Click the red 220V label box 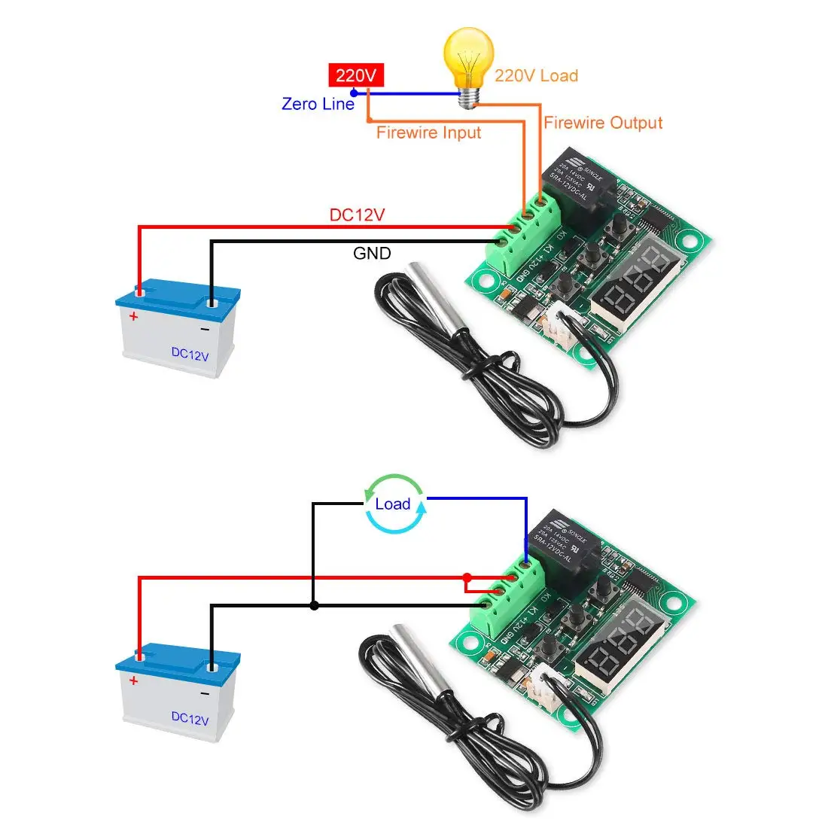(356, 75)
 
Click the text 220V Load (536, 76)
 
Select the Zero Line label (317, 104)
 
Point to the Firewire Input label (428, 133)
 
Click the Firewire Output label (603, 123)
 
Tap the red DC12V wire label (357, 215)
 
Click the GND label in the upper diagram (372, 254)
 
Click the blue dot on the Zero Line (354, 93)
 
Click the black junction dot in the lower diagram (314, 604)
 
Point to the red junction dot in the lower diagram (467, 577)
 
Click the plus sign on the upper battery (134, 317)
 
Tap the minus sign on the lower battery (204, 693)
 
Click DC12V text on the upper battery (190, 354)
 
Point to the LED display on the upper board (637, 282)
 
